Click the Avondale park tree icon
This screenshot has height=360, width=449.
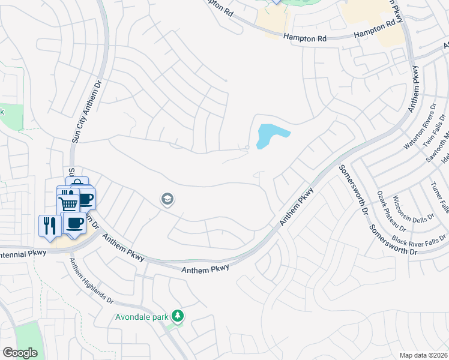coord(177,315)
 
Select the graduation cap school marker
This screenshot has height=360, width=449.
coord(167,199)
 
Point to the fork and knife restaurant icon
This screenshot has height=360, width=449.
coord(49,225)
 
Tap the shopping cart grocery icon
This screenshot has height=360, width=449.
coord(68,203)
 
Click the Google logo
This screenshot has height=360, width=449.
coord(20,353)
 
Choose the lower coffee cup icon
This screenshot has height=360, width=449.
coord(74,224)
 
